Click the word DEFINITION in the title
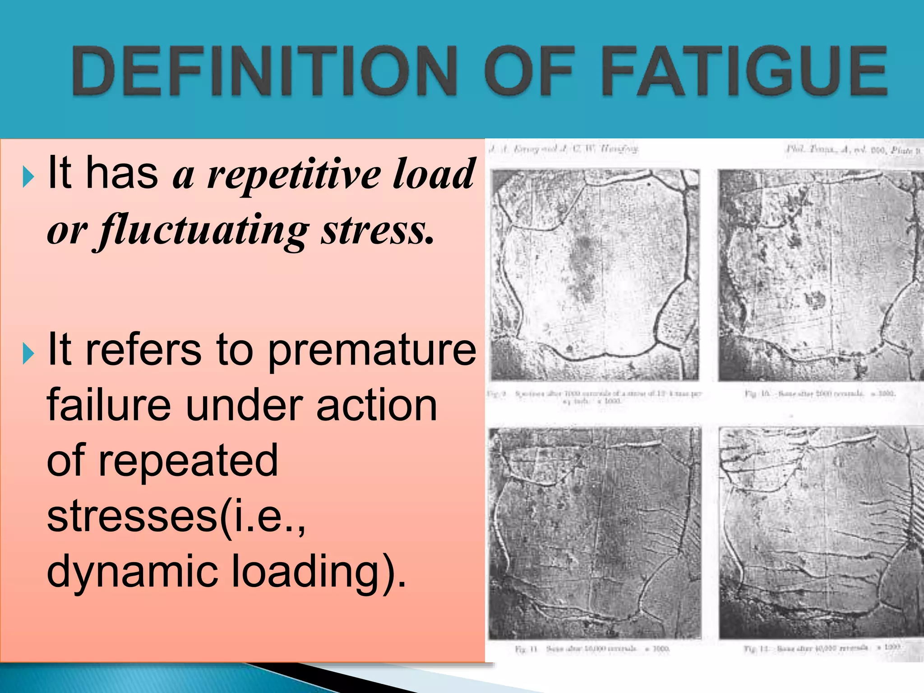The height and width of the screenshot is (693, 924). point(264,71)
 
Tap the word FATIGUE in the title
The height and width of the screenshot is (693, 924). point(744,71)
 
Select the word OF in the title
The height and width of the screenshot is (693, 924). point(531,71)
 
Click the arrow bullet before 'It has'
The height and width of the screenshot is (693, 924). point(28,177)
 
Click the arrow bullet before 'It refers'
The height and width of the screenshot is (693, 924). point(28,354)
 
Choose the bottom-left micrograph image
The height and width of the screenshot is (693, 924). point(595,532)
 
